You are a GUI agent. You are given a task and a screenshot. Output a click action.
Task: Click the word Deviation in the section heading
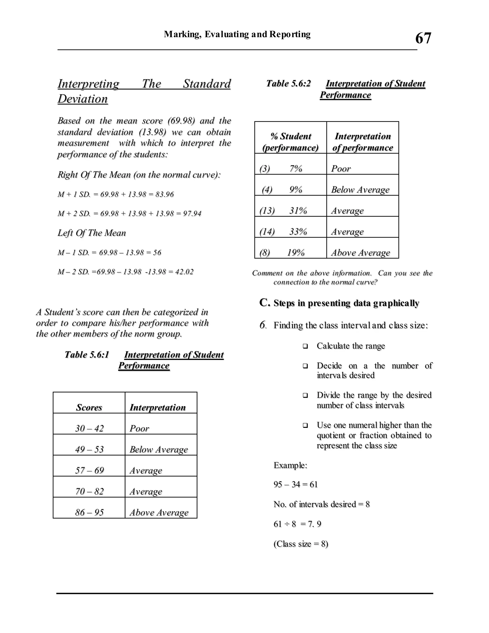(x=83, y=99)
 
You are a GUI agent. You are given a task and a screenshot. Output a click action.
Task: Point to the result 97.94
(x=192, y=214)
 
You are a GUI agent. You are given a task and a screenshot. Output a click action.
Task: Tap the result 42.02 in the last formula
(x=184, y=272)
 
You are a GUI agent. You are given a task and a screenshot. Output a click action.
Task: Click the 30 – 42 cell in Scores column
(x=89, y=428)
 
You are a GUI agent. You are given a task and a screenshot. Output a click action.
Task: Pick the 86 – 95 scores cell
(x=89, y=512)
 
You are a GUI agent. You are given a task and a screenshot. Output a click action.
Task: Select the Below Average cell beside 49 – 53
(x=159, y=449)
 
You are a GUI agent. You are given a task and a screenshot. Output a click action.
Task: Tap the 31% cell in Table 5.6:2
(x=298, y=210)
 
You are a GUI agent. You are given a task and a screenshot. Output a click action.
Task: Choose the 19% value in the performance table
(x=296, y=252)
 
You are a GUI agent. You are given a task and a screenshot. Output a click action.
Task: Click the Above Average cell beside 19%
(x=360, y=252)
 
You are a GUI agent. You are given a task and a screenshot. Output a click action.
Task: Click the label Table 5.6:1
(x=87, y=354)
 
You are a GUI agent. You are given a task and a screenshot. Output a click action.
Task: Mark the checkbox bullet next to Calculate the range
(x=305, y=346)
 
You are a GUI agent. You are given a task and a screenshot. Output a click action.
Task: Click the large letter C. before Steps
(x=265, y=302)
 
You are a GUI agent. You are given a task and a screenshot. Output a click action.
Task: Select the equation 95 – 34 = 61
(x=296, y=484)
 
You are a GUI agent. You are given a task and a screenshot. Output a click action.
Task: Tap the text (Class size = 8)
(x=301, y=544)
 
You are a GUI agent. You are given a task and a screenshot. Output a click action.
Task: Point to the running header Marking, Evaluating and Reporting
(x=237, y=34)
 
